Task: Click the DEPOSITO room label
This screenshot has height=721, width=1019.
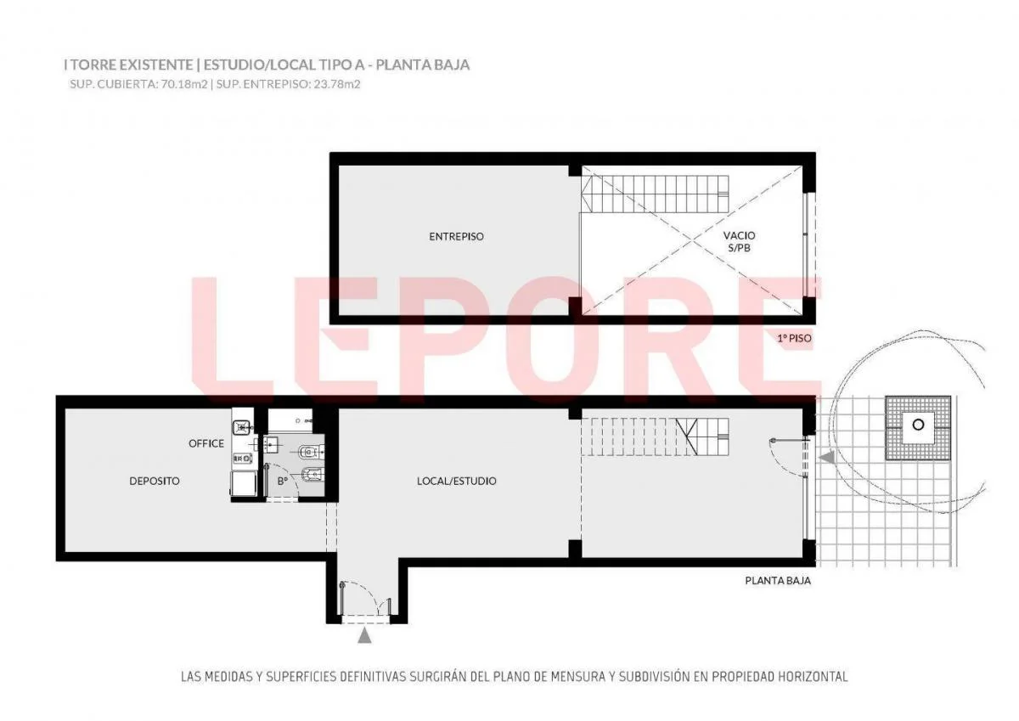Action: point(155,481)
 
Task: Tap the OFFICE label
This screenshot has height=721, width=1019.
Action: point(206,443)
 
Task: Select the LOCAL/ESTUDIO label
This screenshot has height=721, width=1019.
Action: point(456,481)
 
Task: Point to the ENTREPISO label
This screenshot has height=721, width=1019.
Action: point(456,237)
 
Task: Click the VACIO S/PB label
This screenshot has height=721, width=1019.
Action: point(740,242)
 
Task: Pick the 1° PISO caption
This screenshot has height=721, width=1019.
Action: point(794,339)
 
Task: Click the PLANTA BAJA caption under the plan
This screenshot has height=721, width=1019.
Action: point(778,581)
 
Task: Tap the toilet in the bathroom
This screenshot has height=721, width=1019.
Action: point(312,452)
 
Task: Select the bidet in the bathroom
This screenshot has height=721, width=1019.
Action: point(312,476)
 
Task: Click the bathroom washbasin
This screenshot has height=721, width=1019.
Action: point(273,444)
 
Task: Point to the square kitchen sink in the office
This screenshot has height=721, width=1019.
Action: point(240,427)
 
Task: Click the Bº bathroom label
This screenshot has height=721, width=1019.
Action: point(283,481)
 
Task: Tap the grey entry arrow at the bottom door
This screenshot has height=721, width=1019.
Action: point(364,635)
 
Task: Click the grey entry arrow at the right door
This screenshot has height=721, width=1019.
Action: point(827,457)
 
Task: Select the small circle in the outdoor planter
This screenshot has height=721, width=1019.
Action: point(919,425)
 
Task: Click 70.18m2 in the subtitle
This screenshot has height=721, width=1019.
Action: point(184,84)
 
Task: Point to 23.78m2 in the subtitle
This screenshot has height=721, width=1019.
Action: point(336,84)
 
